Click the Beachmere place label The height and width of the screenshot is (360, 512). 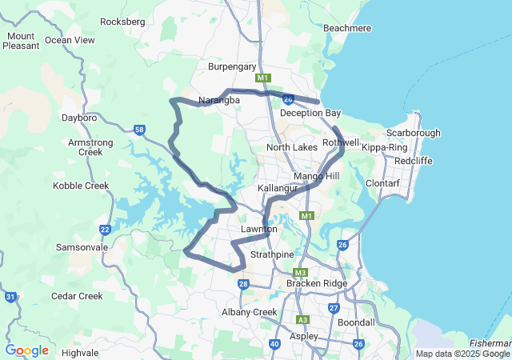[347, 28]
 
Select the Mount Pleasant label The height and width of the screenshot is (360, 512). [21, 41]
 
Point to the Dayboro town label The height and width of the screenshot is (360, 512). [79, 118]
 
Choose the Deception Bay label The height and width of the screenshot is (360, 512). [310, 114]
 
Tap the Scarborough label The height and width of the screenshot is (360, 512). [413, 133]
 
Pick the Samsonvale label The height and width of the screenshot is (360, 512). [82, 248]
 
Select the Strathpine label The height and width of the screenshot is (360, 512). [273, 254]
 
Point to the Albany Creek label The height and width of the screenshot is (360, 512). [249, 312]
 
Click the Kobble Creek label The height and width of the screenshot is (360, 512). [80, 186]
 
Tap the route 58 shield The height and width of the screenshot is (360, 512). [140, 130]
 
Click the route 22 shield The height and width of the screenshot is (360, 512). [106, 230]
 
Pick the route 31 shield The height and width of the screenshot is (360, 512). [10, 297]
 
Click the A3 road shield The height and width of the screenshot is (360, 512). [302, 319]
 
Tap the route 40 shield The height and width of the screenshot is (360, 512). [274, 344]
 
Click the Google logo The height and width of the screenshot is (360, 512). [26, 350]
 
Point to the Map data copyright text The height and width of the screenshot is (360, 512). [462, 354]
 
